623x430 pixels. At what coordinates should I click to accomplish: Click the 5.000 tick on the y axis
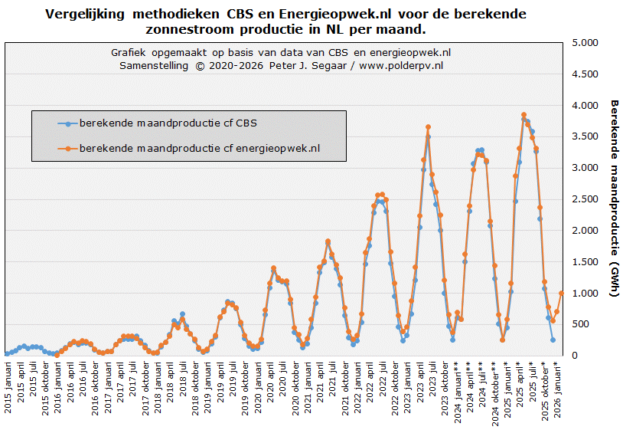point(583,43)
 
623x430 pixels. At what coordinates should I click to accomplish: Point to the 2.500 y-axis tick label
point(583,199)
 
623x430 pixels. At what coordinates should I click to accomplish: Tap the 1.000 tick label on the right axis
point(583,294)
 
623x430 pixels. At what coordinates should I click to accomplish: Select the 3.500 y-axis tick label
point(583,137)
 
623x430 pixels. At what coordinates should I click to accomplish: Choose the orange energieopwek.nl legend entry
point(200,148)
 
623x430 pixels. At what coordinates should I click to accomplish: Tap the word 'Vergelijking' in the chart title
point(89,15)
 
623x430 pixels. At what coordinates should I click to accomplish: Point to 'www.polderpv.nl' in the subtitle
point(401,66)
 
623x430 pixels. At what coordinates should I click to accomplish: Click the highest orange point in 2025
point(524,115)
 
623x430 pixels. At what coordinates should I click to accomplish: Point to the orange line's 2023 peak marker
point(428,127)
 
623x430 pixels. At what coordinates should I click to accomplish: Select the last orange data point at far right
point(561,293)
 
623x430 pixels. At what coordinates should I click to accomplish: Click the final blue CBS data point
point(553,340)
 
